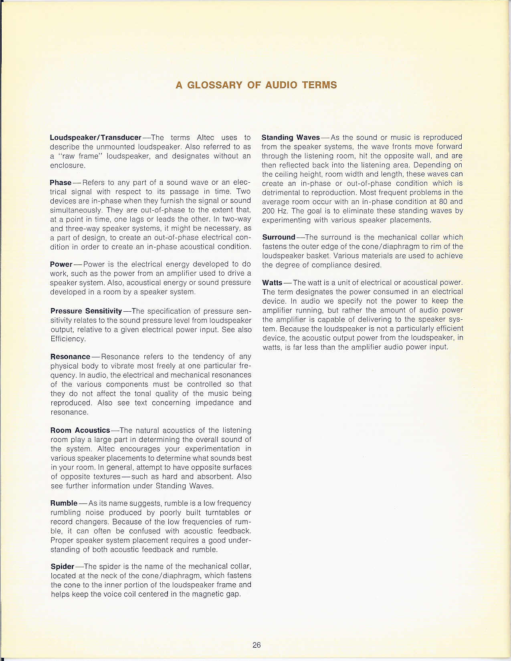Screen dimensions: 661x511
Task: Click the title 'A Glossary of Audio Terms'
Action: pyautogui.click(x=256, y=85)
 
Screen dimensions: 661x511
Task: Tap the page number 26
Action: pyautogui.click(x=257, y=645)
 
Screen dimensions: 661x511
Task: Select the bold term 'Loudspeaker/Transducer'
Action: pyautogui.click(x=95, y=137)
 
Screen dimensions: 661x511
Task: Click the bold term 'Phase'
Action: pyautogui.click(x=61, y=183)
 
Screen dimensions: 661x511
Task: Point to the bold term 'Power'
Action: pyautogui.click(x=61, y=264)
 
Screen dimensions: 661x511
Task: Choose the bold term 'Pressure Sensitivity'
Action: pyautogui.click(x=86, y=311)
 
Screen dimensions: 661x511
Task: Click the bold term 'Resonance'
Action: pyautogui.click(x=70, y=357)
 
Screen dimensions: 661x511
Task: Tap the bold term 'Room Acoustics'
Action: pyautogui.click(x=80, y=430)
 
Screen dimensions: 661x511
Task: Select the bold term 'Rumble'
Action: pyautogui.click(x=64, y=503)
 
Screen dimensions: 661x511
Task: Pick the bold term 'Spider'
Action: pyautogui.click(x=63, y=566)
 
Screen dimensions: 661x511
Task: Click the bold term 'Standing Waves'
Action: pyautogui.click(x=291, y=137)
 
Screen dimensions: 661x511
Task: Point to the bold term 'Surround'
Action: pyautogui.click(x=279, y=237)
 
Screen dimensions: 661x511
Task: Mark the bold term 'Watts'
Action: pyautogui.click(x=272, y=283)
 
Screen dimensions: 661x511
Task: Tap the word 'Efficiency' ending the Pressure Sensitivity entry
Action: pyautogui.click(x=68, y=339)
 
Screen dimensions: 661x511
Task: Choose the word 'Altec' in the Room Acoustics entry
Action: pyautogui.click(x=108, y=449)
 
